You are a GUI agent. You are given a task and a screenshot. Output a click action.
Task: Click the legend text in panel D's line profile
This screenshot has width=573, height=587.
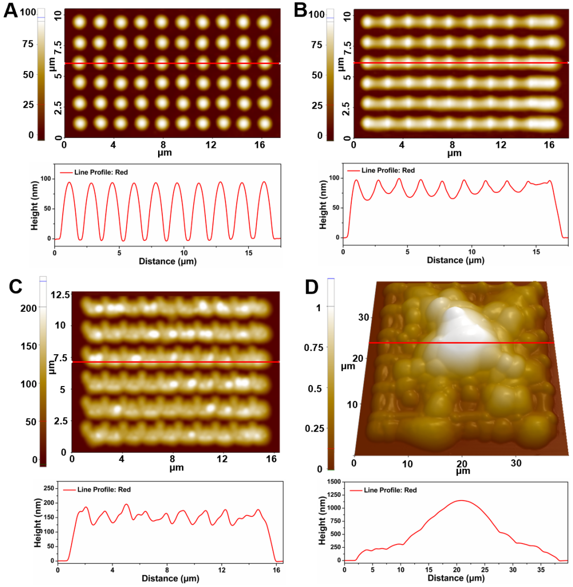click(390, 490)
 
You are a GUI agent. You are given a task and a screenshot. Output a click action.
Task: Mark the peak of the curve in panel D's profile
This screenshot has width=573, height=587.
click(462, 500)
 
